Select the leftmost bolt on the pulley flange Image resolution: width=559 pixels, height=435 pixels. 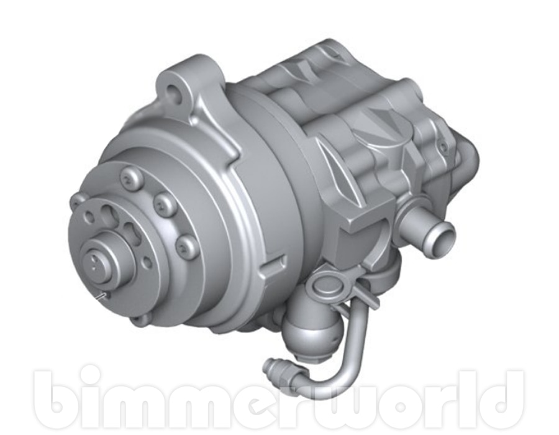coord(80,200)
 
